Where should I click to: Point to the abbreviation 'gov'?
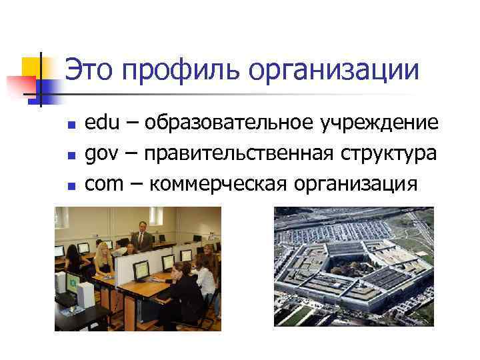(x=101, y=154)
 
